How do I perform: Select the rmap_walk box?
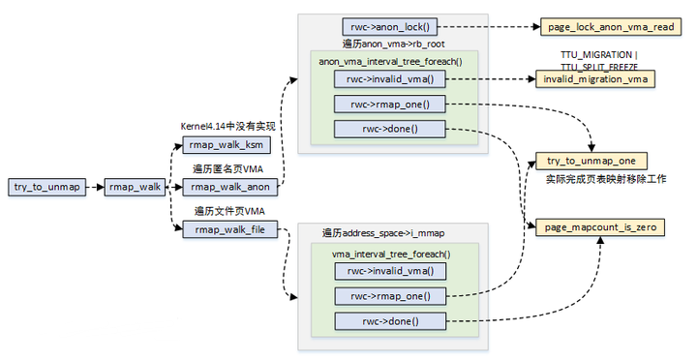coord(135,187)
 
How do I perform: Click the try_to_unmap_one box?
coord(591,160)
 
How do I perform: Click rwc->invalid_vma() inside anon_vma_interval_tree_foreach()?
coord(390,79)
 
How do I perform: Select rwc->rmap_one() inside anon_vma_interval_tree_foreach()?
coord(390,105)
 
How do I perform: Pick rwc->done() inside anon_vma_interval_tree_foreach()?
coord(390,130)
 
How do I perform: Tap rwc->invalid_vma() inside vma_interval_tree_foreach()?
coord(390,271)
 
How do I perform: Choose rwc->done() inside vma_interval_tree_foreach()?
coord(390,321)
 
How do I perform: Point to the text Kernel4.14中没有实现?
coord(228,127)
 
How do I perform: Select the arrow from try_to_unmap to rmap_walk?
coord(92,187)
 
